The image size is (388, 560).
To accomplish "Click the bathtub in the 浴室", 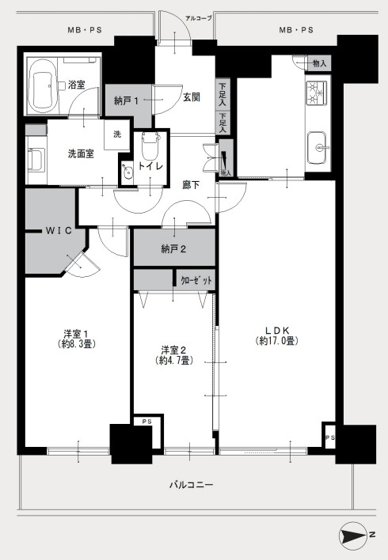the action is click(43, 85).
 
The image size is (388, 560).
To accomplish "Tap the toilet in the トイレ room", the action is click(150, 146).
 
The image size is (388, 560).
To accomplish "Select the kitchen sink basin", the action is click(317, 147).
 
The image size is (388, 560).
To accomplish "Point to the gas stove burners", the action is click(317, 93).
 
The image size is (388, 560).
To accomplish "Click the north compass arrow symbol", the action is click(352, 535).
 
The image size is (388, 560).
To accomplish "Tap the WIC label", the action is click(59, 231).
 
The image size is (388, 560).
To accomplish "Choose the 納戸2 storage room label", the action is click(173, 249).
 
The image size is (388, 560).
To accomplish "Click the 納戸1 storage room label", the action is click(126, 101).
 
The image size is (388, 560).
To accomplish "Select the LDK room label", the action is click(277, 331).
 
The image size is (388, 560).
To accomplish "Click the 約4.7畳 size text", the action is click(174, 361).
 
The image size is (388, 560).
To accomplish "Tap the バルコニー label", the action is click(192, 485).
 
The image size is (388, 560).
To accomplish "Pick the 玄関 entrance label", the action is click(192, 97).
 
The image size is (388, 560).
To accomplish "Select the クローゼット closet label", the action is click(196, 281).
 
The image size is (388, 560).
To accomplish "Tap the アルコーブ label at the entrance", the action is click(199, 18).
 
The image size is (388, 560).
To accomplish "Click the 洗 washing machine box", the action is click(117, 134).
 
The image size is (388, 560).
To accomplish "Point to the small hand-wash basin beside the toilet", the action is click(127, 172).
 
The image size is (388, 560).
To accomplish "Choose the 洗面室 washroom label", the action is click(81, 154).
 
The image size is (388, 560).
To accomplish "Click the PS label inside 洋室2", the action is click(147, 422).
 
